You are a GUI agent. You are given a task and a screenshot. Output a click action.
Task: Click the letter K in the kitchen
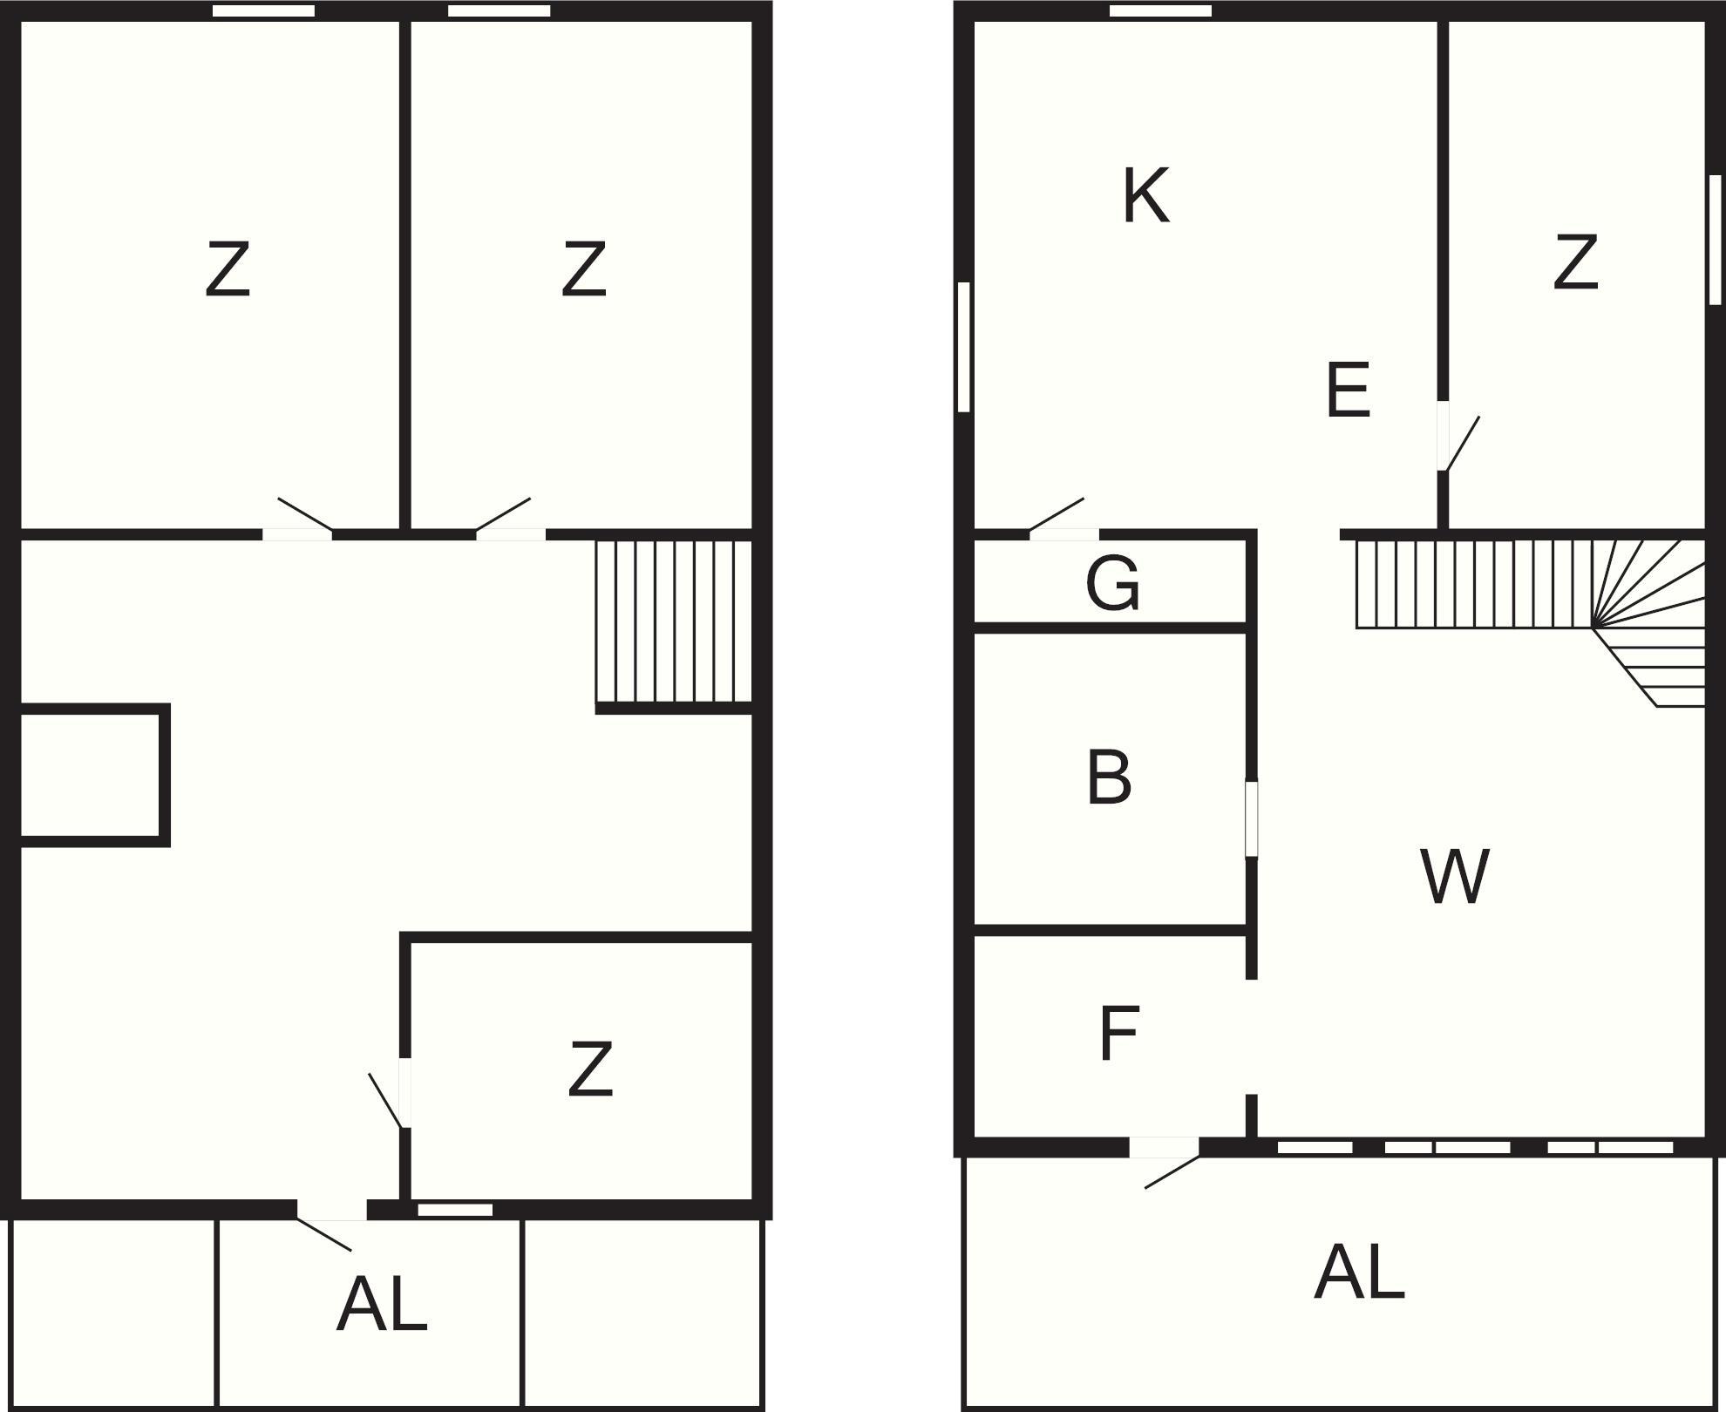[x=1145, y=196]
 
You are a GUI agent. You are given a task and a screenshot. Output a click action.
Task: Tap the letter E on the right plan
[x=1348, y=390]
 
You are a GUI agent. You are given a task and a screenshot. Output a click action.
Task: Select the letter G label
[x=1113, y=583]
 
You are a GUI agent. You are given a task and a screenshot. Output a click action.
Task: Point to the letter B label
[x=1109, y=777]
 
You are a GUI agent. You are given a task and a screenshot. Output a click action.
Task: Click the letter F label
[x=1119, y=1033]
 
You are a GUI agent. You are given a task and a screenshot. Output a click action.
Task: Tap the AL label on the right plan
[x=1359, y=1273]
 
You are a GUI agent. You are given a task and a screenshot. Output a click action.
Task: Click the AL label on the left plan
[x=382, y=1305]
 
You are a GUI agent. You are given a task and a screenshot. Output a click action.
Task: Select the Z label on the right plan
[x=1575, y=261]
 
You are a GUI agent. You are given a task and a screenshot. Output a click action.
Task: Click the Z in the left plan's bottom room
[x=590, y=1069]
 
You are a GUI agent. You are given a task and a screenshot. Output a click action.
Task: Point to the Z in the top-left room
[x=228, y=270]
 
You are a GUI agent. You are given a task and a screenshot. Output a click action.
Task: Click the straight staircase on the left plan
[x=674, y=621]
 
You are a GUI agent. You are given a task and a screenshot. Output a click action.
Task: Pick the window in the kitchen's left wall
[x=963, y=346]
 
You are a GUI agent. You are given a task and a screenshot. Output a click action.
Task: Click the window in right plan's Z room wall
[x=1715, y=240]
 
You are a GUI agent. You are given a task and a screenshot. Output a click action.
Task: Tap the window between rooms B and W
[x=1252, y=818]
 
